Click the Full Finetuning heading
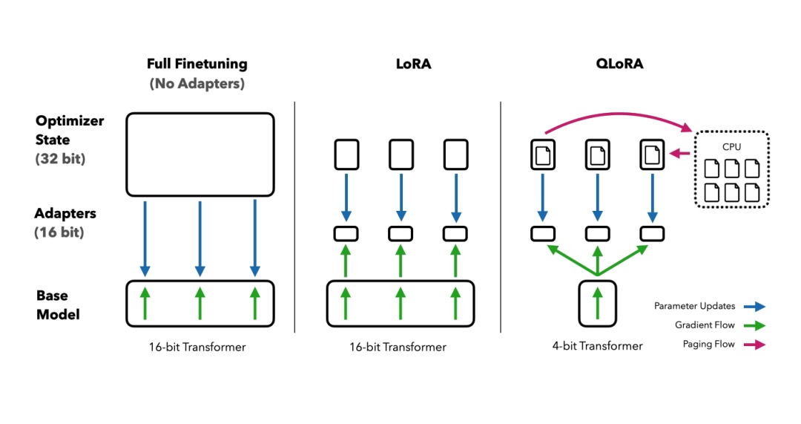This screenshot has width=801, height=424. click(x=197, y=64)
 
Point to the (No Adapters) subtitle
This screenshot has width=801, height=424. click(x=197, y=83)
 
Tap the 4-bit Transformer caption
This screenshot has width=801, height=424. click(x=599, y=345)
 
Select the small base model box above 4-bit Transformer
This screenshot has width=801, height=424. click(x=598, y=303)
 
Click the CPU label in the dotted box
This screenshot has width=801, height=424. click(x=731, y=147)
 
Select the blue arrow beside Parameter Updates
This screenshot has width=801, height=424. click(x=756, y=306)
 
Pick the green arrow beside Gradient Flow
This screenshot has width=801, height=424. click(x=756, y=325)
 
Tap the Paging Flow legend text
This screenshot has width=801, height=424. click(x=708, y=344)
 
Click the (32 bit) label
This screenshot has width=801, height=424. click(x=60, y=158)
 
